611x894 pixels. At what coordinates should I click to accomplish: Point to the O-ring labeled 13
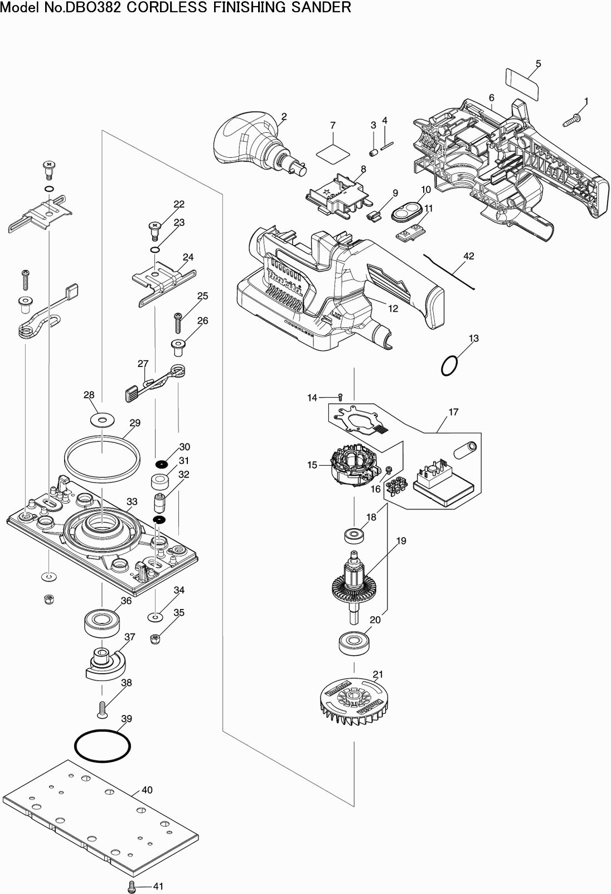(450, 366)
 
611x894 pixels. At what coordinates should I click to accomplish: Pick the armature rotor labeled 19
(353, 586)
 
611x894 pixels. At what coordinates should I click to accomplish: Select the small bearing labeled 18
(353, 536)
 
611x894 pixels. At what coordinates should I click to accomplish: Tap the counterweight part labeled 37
(105, 664)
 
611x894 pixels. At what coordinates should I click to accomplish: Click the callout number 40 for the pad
(147, 790)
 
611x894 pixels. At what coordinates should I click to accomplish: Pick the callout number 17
(453, 412)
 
